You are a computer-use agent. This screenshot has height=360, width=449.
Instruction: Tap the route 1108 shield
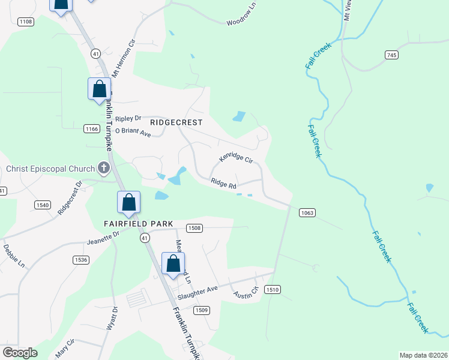pos(26,22)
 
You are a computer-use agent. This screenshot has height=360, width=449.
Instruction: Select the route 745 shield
pos(391,55)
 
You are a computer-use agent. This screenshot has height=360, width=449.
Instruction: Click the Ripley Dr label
pos(128,118)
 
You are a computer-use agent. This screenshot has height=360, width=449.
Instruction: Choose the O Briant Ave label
pos(133,131)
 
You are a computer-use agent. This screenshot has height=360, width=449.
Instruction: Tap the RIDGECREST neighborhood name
pos(176,122)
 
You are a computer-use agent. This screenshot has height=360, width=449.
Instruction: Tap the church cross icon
pos(104,169)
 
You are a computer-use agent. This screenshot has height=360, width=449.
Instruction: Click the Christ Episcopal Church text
pos(50,169)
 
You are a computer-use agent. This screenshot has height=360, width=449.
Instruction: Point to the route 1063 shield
pos(306,213)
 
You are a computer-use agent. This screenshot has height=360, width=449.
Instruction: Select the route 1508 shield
pos(194,228)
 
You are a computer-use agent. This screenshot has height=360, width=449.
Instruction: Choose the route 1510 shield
pos(273,290)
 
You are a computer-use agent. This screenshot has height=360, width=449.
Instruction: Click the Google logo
pos(20,353)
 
